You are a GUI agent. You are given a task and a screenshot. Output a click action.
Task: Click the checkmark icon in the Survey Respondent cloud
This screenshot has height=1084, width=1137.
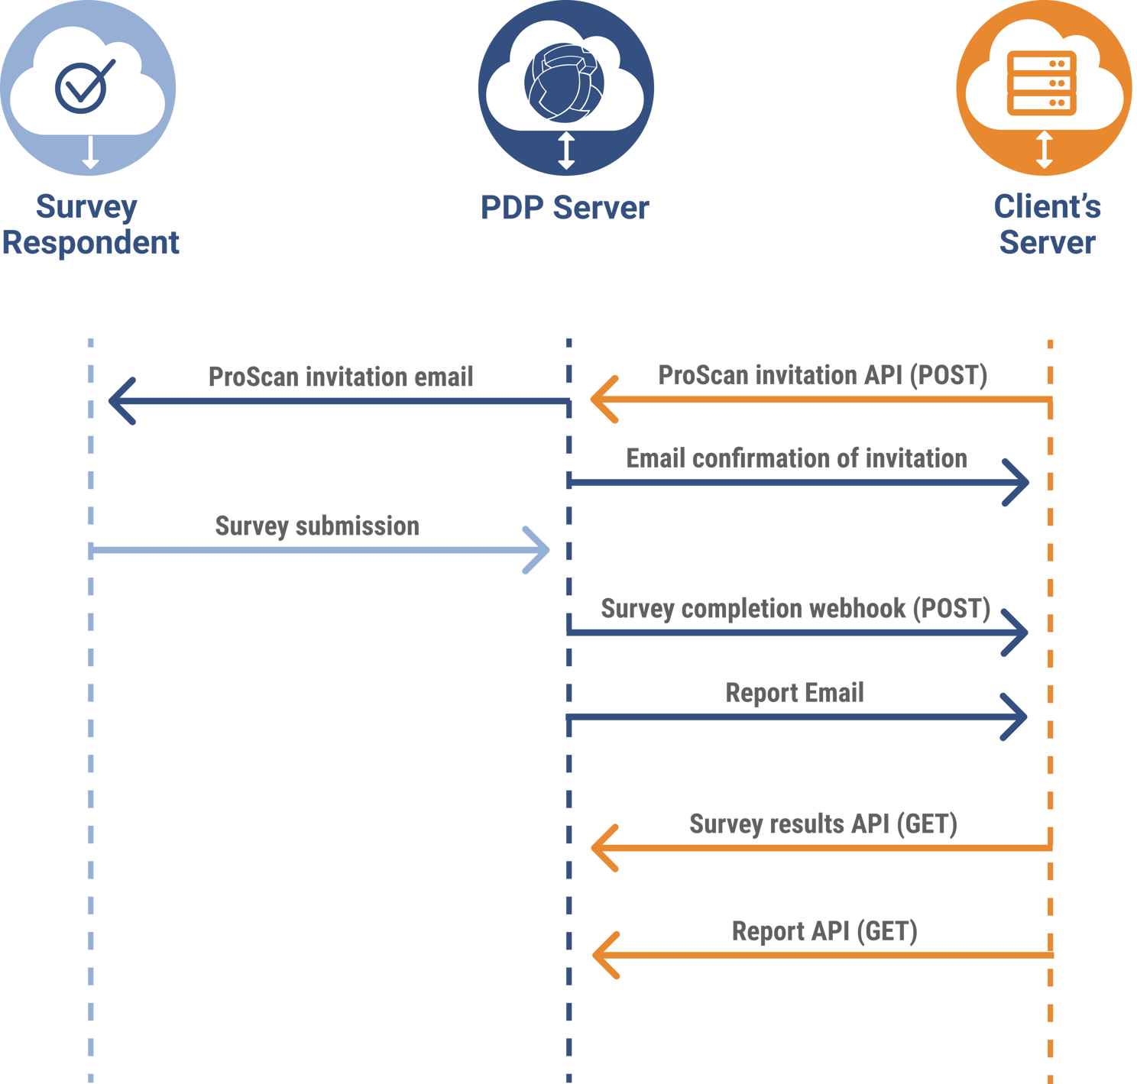pyautogui.click(x=83, y=86)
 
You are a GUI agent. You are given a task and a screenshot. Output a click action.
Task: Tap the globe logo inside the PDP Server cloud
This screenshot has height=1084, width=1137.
pyautogui.click(x=565, y=83)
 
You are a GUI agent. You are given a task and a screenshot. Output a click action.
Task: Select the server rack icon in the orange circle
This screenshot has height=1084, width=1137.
pyautogui.click(x=1041, y=83)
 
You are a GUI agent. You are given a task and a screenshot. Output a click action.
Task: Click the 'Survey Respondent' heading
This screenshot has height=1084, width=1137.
pyautogui.click(x=89, y=225)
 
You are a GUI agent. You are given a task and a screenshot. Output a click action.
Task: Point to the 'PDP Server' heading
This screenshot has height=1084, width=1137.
pyautogui.click(x=565, y=208)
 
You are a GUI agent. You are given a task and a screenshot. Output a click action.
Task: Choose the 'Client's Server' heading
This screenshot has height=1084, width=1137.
pyautogui.click(x=1047, y=225)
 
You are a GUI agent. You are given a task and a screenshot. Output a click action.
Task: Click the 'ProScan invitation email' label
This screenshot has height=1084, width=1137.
pyautogui.click(x=341, y=377)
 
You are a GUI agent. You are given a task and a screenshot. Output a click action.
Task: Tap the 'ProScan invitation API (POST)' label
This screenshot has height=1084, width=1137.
pyautogui.click(x=823, y=375)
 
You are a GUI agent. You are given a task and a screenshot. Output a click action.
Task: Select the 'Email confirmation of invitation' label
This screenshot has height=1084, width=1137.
pyautogui.click(x=797, y=458)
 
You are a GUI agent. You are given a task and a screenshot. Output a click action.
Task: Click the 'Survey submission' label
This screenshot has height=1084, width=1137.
pyautogui.click(x=318, y=526)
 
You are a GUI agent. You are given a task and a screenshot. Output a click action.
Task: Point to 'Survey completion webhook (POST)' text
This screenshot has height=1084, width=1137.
pyautogui.click(x=795, y=609)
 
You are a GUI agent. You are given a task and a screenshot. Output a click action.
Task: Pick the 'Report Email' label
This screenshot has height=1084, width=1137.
pyautogui.click(x=795, y=693)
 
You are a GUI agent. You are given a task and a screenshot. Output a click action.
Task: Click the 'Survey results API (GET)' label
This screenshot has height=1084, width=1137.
pyautogui.click(x=823, y=824)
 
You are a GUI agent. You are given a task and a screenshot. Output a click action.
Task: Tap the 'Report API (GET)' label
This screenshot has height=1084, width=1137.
pyautogui.click(x=824, y=931)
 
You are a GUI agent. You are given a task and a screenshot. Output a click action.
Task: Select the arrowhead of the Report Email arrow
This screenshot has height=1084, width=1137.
pyautogui.click(x=1015, y=717)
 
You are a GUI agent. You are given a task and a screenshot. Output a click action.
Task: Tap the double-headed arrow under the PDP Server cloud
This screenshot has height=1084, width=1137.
pyautogui.click(x=566, y=150)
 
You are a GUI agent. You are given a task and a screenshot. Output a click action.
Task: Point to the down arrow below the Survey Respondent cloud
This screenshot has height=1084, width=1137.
pyautogui.click(x=90, y=153)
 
